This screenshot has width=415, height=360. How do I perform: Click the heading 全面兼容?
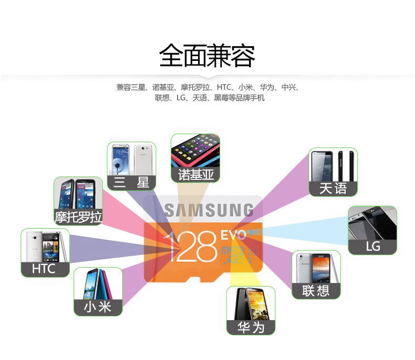pyautogui.click(x=207, y=56)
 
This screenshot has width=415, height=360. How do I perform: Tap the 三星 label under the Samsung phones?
pyautogui.click(x=131, y=182)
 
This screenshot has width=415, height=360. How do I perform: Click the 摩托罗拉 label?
pyautogui.click(x=78, y=217)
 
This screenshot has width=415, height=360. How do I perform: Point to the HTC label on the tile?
pyautogui.click(x=44, y=269)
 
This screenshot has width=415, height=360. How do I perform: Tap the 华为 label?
pyautogui.click(x=251, y=327)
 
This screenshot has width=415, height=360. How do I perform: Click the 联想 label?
pyautogui.click(x=316, y=290)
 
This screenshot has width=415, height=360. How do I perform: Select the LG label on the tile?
pyautogui.click(x=372, y=246)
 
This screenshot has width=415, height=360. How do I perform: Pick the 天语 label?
pyautogui.click(x=333, y=188)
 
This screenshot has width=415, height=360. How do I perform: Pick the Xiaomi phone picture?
pyautogui.click(x=98, y=284)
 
